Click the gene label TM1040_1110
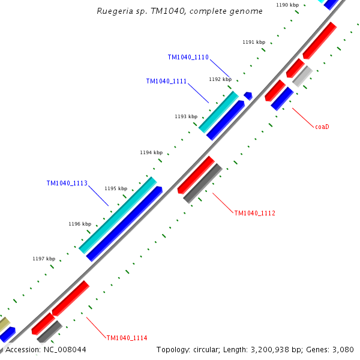(188, 58)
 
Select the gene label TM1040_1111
(166, 82)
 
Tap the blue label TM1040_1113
(67, 183)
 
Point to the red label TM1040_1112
(254, 213)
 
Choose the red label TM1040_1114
(127, 338)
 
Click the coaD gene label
(322, 127)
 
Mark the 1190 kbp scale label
(287, 5)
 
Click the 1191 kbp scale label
(254, 42)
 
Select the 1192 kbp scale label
(220, 79)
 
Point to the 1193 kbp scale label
(186, 116)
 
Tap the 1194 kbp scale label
(151, 152)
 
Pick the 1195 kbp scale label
(116, 188)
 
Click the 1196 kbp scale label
(80, 224)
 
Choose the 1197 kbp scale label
(44, 259)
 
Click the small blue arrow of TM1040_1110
(248, 95)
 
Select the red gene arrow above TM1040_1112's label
(196, 175)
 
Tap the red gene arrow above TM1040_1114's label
(70, 298)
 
